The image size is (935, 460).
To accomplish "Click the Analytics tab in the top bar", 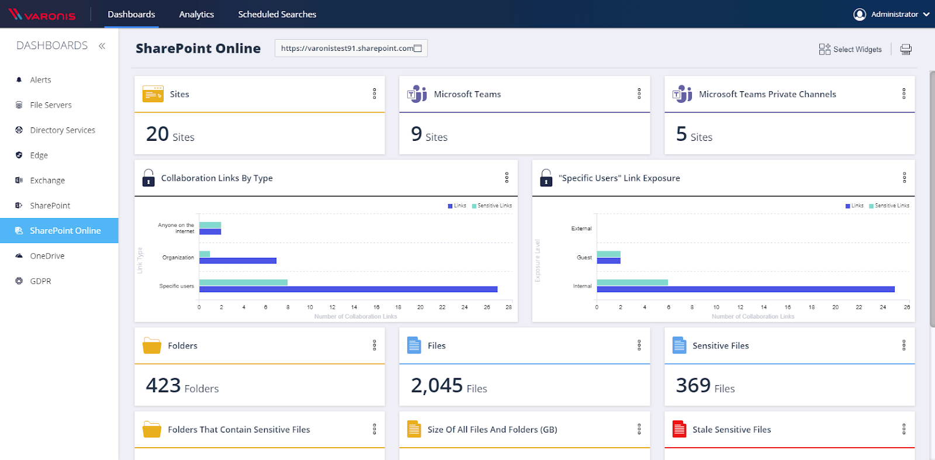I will click(x=196, y=15).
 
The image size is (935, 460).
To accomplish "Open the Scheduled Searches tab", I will click(x=277, y=15).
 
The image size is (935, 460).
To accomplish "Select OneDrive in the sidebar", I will click(x=47, y=256).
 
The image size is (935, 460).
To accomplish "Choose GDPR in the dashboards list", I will click(x=40, y=281).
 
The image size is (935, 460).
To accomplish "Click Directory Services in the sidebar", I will click(x=63, y=130).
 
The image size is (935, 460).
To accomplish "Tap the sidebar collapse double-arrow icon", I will click(x=102, y=46).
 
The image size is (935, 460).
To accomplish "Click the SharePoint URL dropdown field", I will click(x=351, y=49).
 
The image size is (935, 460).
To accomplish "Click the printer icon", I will click(x=906, y=50).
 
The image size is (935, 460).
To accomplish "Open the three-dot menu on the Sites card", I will click(x=375, y=94).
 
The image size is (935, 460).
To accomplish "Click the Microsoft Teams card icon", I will click(x=417, y=94).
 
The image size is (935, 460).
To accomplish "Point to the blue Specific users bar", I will click(x=348, y=289).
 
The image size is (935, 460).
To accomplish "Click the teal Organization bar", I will click(x=205, y=254).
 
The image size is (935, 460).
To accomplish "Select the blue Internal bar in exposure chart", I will click(x=745, y=289).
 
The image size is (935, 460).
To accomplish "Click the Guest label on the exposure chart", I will click(x=584, y=257).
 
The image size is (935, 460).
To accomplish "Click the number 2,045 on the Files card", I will click(x=437, y=386).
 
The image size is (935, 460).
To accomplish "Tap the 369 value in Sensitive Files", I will click(x=693, y=386).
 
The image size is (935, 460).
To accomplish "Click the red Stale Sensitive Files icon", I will click(x=679, y=429).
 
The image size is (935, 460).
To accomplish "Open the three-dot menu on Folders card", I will click(x=375, y=345).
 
